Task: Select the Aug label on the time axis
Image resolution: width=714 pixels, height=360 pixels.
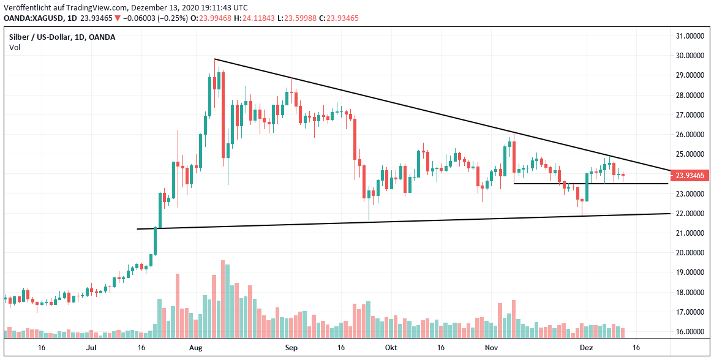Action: tap(195, 348)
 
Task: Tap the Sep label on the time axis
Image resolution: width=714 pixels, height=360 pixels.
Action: tap(291, 348)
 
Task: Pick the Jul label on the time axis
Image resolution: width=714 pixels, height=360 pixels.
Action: tap(91, 348)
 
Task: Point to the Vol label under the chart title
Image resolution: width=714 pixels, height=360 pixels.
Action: tap(14, 47)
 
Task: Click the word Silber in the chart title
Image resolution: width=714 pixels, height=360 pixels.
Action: tap(20, 37)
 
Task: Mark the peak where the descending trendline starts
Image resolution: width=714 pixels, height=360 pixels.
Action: tap(214, 59)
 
